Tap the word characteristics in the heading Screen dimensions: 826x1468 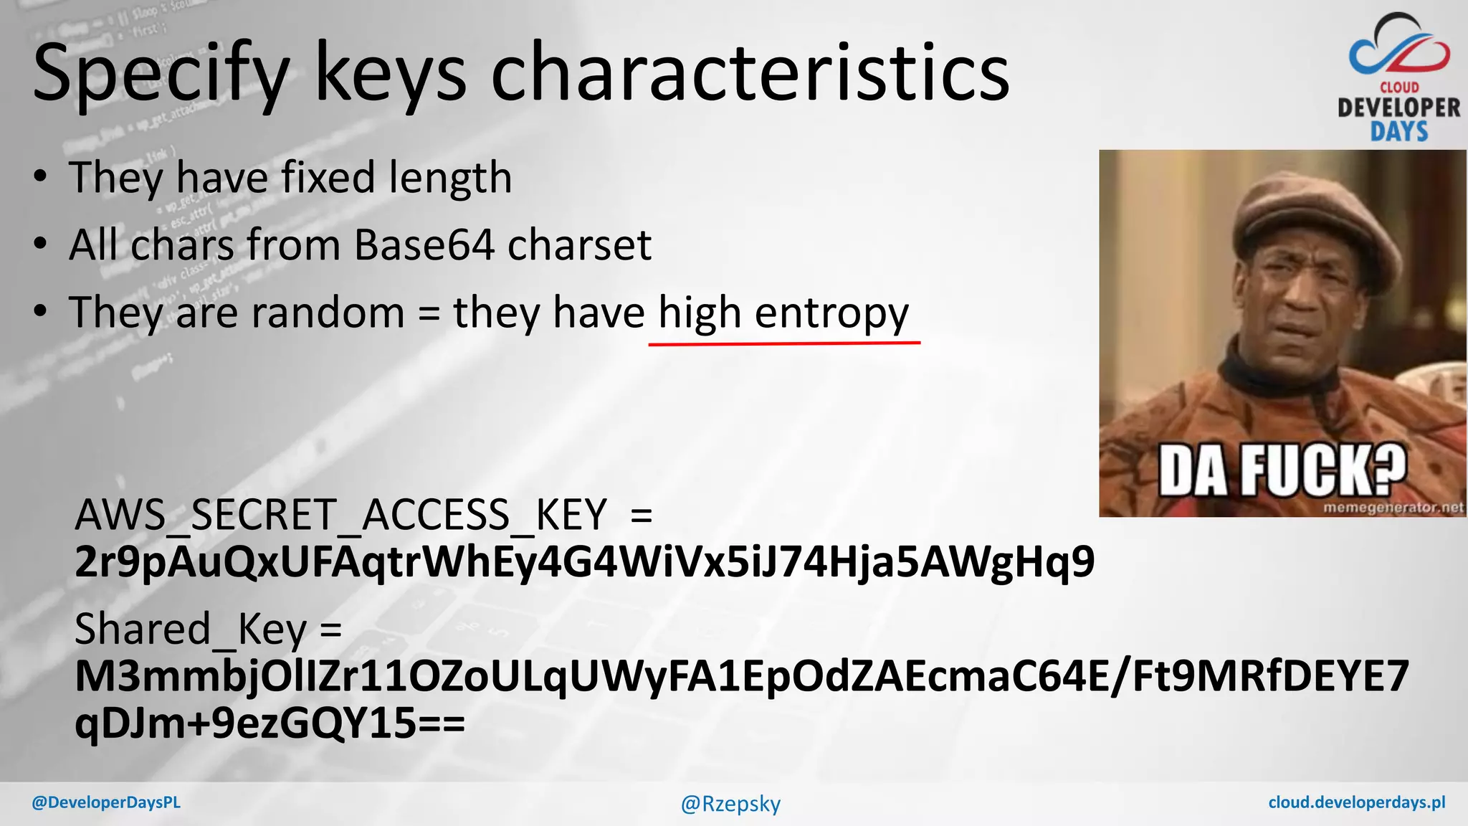click(x=750, y=72)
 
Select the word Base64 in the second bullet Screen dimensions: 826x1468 click(x=424, y=245)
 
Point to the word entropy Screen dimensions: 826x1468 click(x=831, y=314)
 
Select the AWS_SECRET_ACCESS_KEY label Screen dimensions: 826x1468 click(x=340, y=515)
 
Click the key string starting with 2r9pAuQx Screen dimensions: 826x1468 click(x=584, y=561)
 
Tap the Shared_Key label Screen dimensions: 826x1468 click(x=191, y=630)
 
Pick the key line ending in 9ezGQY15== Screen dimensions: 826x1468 click(x=270, y=723)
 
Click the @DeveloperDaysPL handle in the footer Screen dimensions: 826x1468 click(x=106, y=802)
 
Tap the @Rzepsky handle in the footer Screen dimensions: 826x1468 click(x=730, y=804)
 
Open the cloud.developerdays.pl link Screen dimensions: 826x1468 click(x=1356, y=802)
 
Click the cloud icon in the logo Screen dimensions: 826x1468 click(x=1398, y=47)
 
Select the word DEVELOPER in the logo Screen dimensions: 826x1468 click(x=1398, y=108)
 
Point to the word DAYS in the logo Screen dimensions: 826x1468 click(x=1398, y=132)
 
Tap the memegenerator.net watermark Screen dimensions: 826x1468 click(x=1393, y=508)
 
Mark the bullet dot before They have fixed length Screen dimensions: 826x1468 click(x=41, y=177)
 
